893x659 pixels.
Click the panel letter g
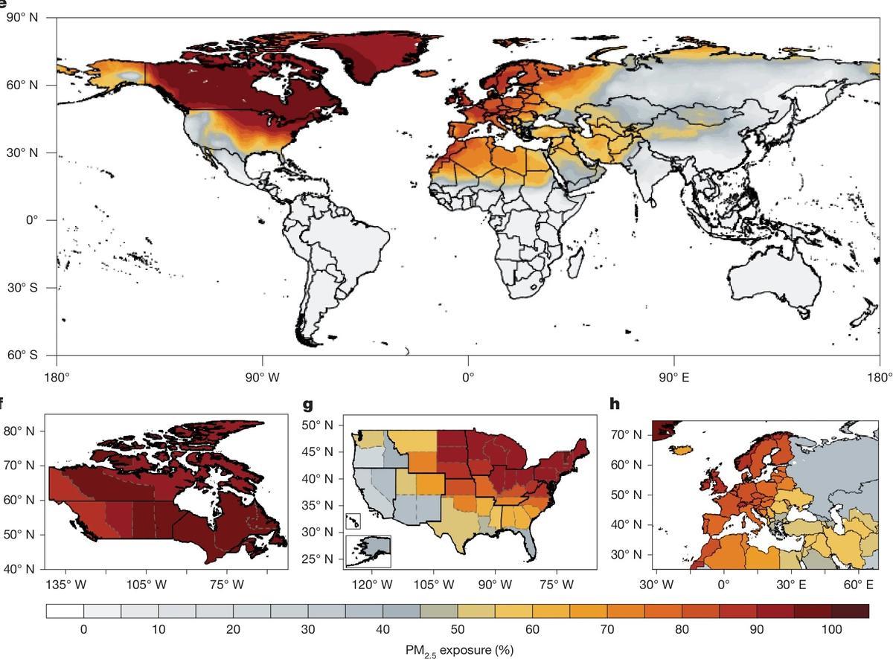coord(308,405)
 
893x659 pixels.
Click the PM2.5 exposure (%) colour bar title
coord(459,650)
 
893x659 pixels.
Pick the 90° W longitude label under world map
coord(262,376)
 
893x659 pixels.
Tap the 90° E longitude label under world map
coord(673,376)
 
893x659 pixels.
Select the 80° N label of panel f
coord(20,431)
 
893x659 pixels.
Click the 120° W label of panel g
coord(376,585)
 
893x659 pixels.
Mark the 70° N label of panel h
coord(626,434)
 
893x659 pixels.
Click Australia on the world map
coord(774,283)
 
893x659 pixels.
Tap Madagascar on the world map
coord(574,262)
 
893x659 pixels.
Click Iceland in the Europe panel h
coord(681,450)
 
